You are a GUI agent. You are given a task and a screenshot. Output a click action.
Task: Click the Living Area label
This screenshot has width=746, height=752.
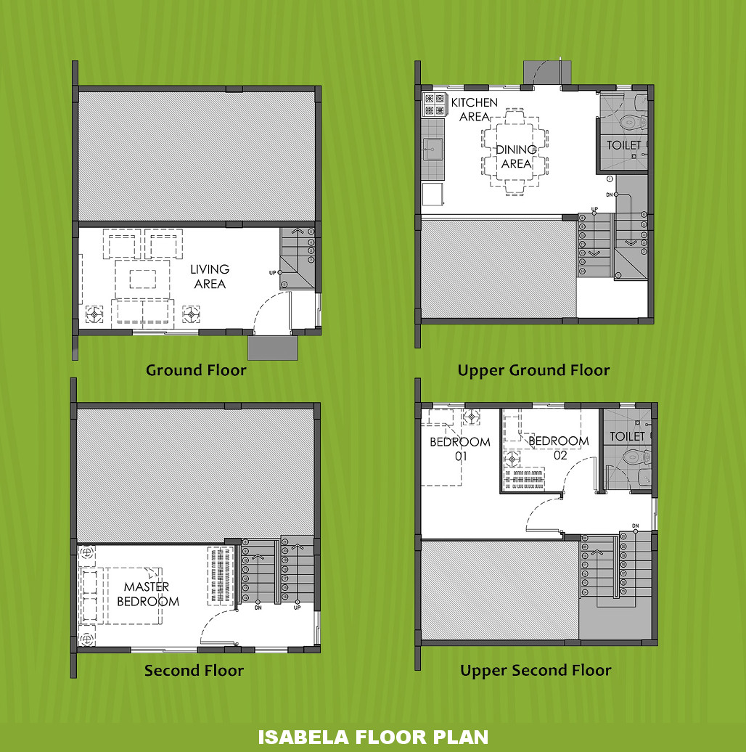point(210,277)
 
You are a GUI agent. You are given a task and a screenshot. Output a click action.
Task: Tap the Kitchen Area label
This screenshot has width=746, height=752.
point(474,110)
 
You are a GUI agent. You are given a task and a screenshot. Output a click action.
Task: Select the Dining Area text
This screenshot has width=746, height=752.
point(517,156)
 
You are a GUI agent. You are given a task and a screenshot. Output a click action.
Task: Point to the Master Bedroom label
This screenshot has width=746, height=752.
point(147,594)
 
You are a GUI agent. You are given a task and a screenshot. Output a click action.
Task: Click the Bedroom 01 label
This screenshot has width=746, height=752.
point(460,449)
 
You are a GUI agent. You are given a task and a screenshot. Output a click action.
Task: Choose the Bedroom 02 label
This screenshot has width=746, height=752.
point(559,447)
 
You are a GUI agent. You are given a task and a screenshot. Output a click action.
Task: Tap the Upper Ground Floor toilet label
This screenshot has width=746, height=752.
point(624,145)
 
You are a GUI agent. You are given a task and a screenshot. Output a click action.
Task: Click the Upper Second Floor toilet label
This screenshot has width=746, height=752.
point(628,436)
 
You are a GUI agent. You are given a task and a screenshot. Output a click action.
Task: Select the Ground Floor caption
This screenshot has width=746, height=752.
point(196,370)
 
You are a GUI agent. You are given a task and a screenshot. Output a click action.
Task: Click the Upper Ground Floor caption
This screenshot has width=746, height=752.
point(533,370)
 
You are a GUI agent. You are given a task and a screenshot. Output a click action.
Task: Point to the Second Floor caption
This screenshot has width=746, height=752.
point(194,671)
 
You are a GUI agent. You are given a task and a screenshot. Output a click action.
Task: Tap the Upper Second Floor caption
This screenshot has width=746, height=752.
point(536,671)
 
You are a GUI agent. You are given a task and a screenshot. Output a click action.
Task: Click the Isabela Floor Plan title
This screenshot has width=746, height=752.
point(373,737)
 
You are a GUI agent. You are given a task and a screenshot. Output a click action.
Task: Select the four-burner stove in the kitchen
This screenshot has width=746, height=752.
point(435,105)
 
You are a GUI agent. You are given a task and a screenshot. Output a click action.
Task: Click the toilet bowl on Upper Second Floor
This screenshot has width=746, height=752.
point(638,457)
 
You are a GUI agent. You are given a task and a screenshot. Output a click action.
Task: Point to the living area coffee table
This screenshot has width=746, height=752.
point(142,279)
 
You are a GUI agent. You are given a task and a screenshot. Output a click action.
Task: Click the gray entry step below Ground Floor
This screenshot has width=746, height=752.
point(272,348)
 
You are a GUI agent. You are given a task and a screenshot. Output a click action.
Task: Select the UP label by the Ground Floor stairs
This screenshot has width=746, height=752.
point(272,273)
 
